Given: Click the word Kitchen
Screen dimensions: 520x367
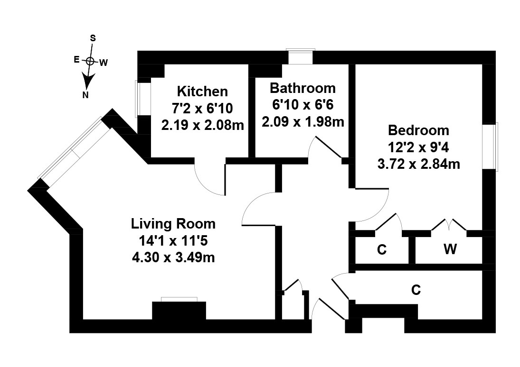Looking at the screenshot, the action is tap(202, 91).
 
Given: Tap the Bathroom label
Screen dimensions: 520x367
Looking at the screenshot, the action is tap(303, 88).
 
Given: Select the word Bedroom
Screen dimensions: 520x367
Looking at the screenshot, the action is tap(418, 130).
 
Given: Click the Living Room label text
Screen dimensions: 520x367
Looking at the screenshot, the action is tap(173, 224).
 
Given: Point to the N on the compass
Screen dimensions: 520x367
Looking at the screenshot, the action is tap(85, 95).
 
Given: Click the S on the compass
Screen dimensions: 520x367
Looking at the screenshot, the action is tap(93, 38).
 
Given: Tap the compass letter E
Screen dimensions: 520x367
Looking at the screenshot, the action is tap(76, 60).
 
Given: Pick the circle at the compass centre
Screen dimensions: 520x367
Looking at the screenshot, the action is tap(90, 61).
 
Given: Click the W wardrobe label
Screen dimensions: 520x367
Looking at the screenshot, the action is tap(450, 249).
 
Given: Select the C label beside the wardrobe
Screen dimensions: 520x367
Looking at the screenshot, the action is tap(382, 249).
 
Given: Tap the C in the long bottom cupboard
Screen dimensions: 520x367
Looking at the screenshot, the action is tap(416, 290).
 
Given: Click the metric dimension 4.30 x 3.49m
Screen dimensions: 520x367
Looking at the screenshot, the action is tap(173, 257).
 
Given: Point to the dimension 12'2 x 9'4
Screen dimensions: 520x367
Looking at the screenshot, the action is tap(418, 147).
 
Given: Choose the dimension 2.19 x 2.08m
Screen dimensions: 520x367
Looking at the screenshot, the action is tap(203, 125).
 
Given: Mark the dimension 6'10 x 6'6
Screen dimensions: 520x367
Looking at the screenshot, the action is tap(303, 105).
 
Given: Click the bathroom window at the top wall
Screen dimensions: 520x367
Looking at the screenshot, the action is tap(301, 56).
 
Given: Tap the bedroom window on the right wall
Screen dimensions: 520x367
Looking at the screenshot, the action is tap(490, 147).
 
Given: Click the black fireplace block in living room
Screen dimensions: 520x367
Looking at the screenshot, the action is tap(179, 311).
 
